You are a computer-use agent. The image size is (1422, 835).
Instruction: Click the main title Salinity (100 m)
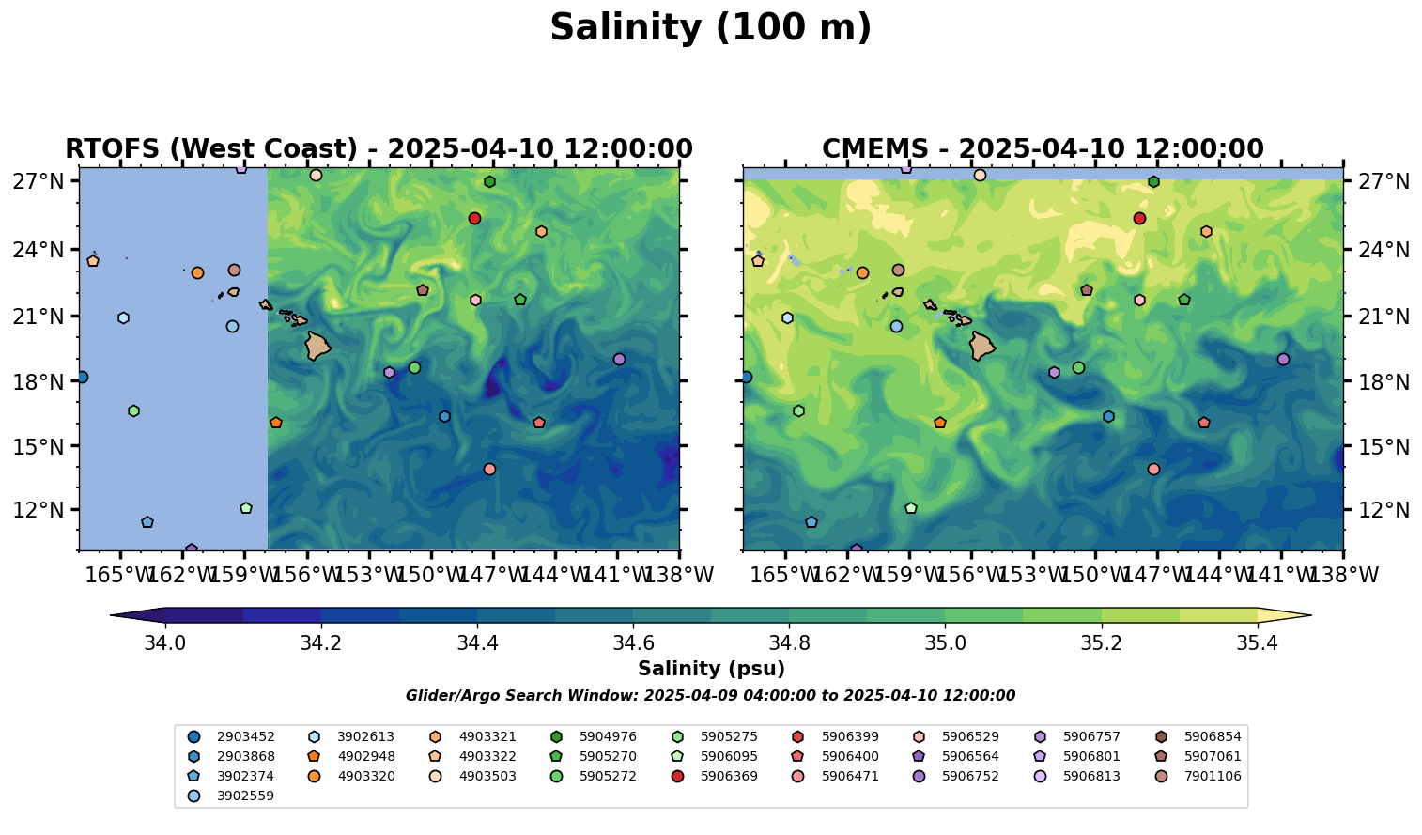(710, 28)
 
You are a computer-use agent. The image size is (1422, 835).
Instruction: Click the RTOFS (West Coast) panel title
(379, 149)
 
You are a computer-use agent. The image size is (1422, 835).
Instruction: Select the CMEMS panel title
(1043, 149)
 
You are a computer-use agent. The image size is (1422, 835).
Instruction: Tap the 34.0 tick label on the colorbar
(165, 643)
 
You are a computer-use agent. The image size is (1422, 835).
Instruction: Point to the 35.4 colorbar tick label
(1257, 643)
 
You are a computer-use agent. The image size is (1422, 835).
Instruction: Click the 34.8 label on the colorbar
(789, 643)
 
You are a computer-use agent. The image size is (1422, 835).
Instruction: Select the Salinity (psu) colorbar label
(711, 669)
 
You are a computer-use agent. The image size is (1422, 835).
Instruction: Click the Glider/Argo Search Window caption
(710, 696)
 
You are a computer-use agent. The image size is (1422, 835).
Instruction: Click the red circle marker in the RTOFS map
(474, 219)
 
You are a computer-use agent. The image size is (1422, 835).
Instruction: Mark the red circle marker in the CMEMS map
(1139, 219)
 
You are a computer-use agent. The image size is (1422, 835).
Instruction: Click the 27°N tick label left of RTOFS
(39, 181)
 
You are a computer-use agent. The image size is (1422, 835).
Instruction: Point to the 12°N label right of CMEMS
(1384, 511)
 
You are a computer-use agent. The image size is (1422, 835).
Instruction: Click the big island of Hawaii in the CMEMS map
(982, 346)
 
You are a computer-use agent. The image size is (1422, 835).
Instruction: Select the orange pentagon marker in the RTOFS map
(275, 423)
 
